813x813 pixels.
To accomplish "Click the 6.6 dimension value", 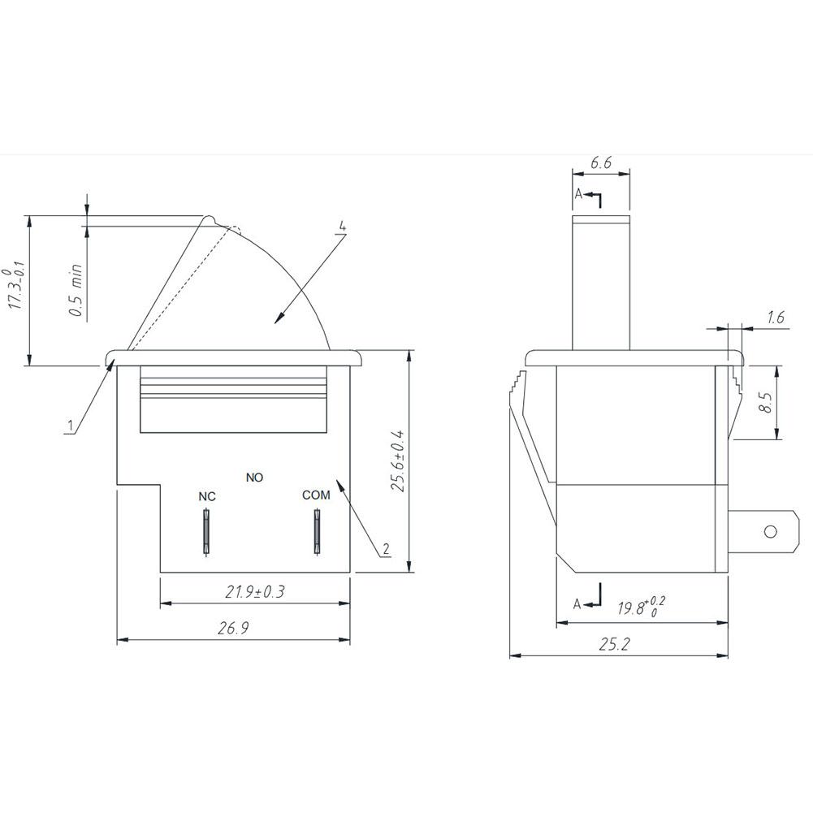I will coord(601,162).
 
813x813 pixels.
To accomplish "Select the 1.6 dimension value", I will coord(776,318).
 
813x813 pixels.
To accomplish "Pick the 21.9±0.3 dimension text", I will coord(255,592).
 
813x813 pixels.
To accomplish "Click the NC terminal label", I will coord(207,495).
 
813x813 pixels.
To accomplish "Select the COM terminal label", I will coord(316,495).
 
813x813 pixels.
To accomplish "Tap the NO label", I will coord(254,478).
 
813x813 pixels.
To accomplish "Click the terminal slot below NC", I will coord(207,531).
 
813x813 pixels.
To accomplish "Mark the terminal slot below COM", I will coord(316,531).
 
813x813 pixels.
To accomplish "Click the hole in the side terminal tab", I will coord(771,532).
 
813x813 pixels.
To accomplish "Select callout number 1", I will coord(71,424).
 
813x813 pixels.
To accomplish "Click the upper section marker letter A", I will coord(577,194).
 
